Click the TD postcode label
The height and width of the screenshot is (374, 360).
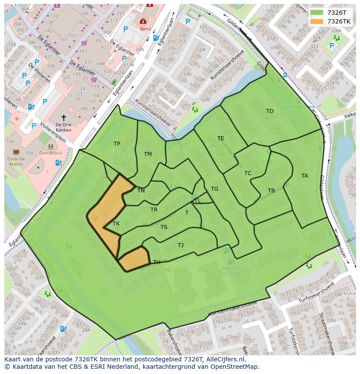[x=270, y=111]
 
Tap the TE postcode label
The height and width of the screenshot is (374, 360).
[x=221, y=139]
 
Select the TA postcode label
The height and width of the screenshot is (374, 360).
[x=304, y=176]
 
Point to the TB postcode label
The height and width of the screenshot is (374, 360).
[x=271, y=191]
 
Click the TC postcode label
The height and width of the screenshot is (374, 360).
[x=248, y=173]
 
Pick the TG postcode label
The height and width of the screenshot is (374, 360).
[x=214, y=189]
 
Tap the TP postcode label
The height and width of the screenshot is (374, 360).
[x=117, y=144]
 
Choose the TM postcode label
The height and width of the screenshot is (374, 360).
[x=148, y=154]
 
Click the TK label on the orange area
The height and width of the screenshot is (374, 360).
[x=116, y=224]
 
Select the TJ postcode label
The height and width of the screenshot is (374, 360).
[x=180, y=245]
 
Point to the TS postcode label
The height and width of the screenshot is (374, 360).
[x=164, y=227]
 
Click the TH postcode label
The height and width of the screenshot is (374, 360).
[x=157, y=262]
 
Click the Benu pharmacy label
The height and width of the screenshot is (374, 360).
[x=145, y=29]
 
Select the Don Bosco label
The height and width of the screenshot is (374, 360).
[x=50, y=153]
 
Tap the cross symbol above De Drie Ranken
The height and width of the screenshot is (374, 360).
[x=63, y=118]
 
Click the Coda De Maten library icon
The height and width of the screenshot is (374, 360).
[x=16, y=152]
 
